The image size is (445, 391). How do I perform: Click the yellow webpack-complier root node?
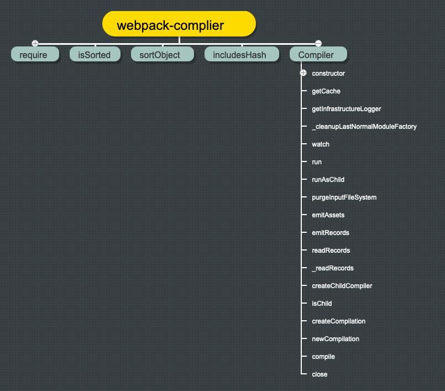tap(179, 25)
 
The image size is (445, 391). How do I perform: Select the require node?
tap(35, 55)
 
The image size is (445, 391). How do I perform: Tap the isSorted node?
tap(94, 55)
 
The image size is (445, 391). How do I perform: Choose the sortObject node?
tap(163, 55)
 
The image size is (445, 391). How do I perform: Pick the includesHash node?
tap(239, 55)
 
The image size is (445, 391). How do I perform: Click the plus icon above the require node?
tap(35, 43)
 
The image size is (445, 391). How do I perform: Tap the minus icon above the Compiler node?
tap(318, 43)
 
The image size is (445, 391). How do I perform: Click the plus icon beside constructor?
tap(303, 73)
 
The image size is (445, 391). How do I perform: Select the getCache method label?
tap(326, 91)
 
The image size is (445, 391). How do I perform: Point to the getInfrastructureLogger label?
tap(346, 109)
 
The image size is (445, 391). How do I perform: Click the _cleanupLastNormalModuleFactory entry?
tap(364, 127)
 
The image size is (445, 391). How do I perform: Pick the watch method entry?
tap(320, 144)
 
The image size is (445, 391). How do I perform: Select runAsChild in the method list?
tap(328, 180)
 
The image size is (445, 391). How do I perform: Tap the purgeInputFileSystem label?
tap(344, 197)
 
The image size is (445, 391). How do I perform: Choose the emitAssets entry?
tap(328, 215)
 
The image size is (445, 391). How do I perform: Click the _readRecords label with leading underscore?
tap(332, 268)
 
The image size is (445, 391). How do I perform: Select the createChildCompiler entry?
tap(342, 286)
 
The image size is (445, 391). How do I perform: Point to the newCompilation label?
tap(335, 339)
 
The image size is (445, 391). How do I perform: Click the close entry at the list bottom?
tap(320, 374)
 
